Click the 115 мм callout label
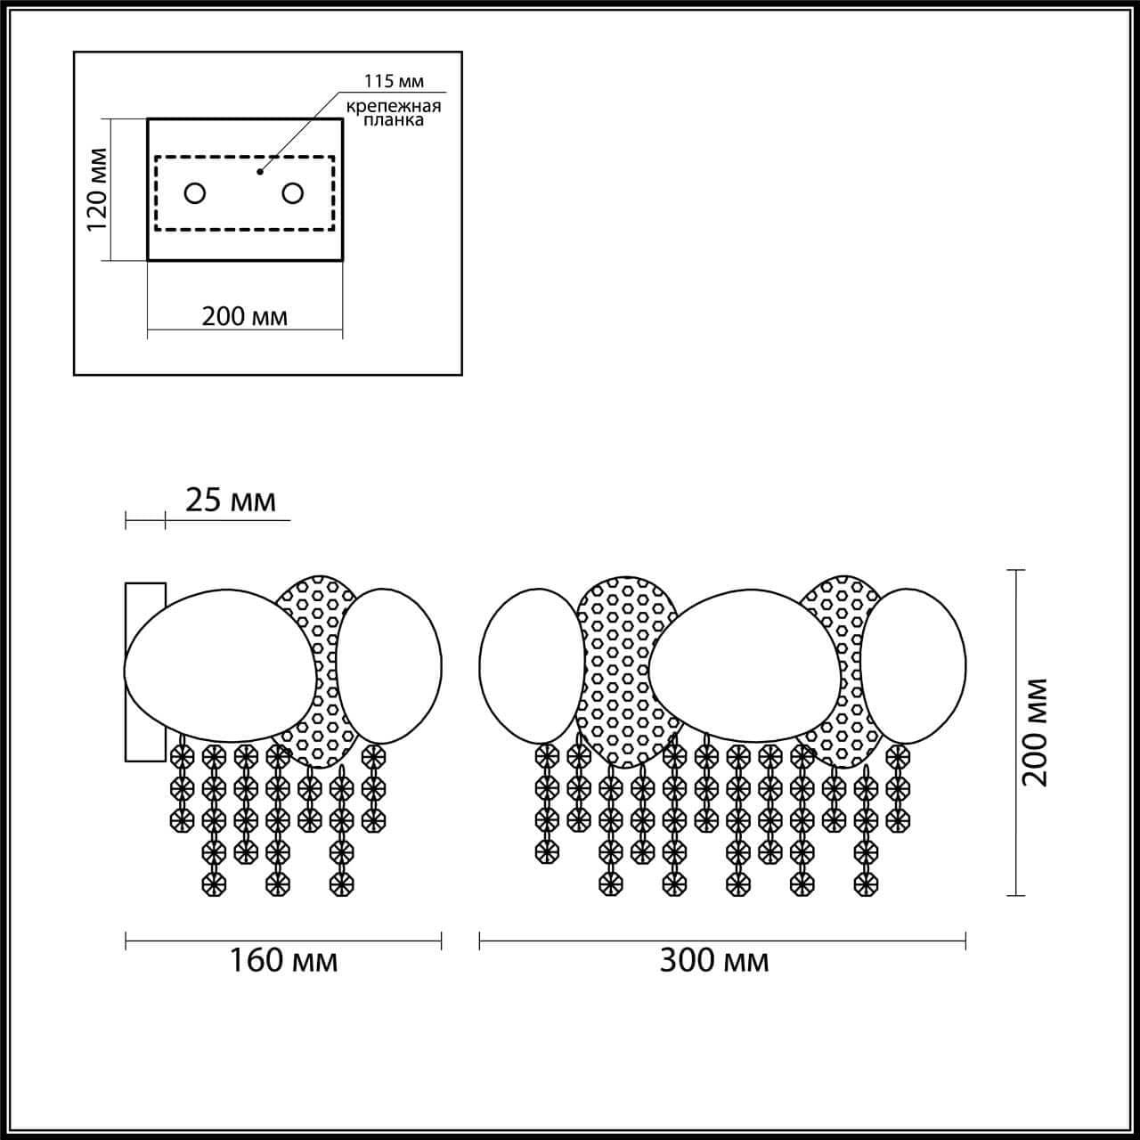tap(394, 81)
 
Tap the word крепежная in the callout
tap(394, 107)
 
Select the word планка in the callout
tap(394, 121)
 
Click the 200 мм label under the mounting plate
tap(244, 316)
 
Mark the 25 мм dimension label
tap(230, 501)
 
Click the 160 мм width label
tap(283, 960)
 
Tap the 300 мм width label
tap(714, 960)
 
